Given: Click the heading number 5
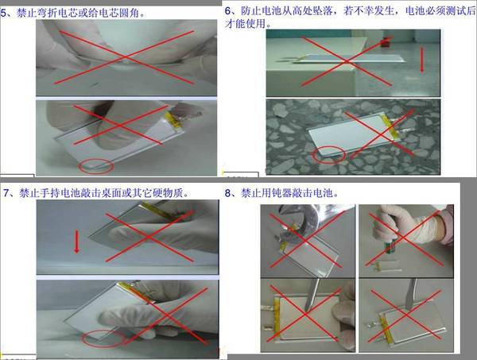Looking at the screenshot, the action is pyautogui.click(x=3, y=13).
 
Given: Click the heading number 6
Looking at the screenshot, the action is pyautogui.click(x=228, y=11).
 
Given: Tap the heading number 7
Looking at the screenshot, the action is pyautogui.click(x=6, y=193).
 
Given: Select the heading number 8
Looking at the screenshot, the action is pyautogui.click(x=228, y=193).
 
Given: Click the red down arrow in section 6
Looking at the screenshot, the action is pyautogui.click(x=421, y=60).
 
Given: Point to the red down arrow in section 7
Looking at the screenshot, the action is pyautogui.click(x=77, y=242).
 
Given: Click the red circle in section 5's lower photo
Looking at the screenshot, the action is pyautogui.click(x=96, y=167).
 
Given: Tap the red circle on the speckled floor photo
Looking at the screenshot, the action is pyautogui.click(x=328, y=154).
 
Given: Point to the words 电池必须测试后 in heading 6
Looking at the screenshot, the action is pyautogui.click(x=440, y=11).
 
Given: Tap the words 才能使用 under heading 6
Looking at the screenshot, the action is pyautogui.click(x=245, y=23).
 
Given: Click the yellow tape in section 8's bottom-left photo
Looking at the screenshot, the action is pyautogui.click(x=277, y=319).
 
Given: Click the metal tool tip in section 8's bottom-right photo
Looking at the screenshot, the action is pyautogui.click(x=408, y=307).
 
